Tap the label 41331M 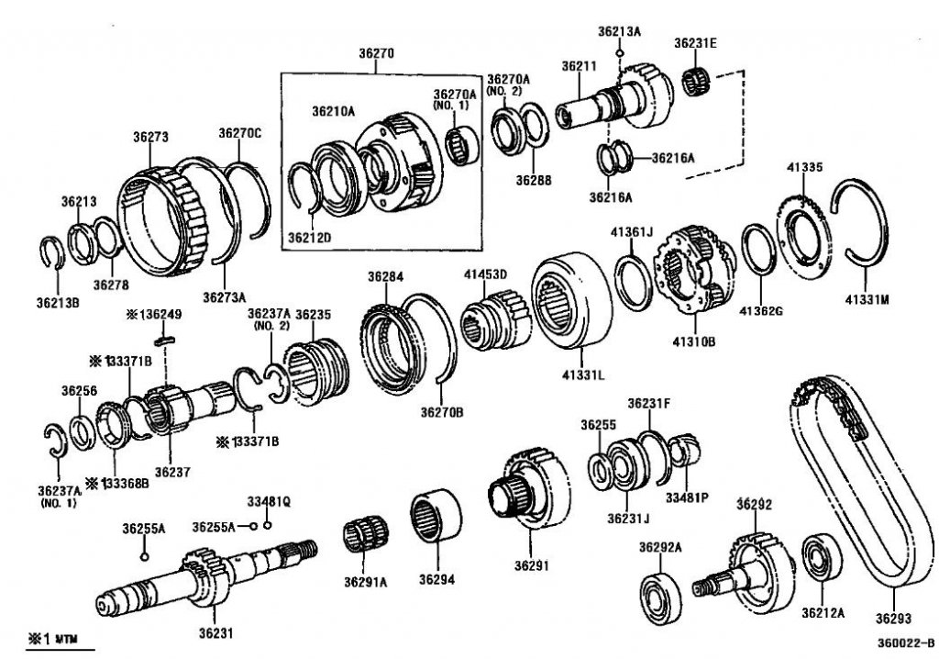(x=867, y=297)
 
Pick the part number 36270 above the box (x=376, y=54)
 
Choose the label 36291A (x=366, y=580)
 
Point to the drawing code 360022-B (x=904, y=643)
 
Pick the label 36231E (x=696, y=42)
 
